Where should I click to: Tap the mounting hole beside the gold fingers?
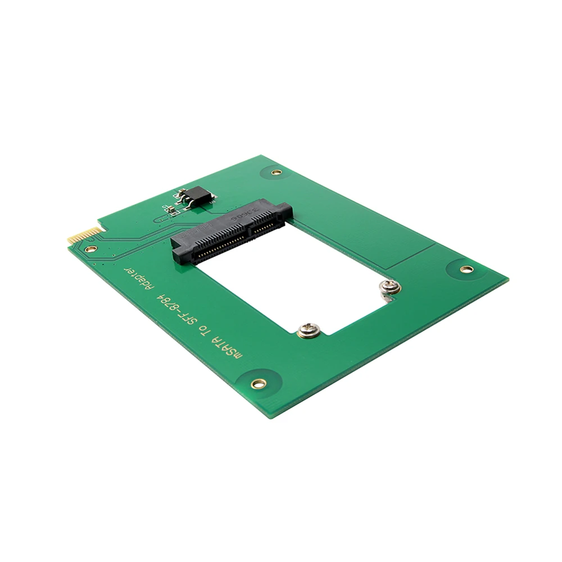pyautogui.click(x=90, y=248)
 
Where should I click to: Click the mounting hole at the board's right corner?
pyautogui.click(x=466, y=269)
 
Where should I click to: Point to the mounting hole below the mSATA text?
pyautogui.click(x=259, y=383)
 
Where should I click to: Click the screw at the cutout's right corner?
pyautogui.click(x=388, y=288)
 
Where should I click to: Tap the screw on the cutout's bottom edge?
pyautogui.click(x=307, y=330)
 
